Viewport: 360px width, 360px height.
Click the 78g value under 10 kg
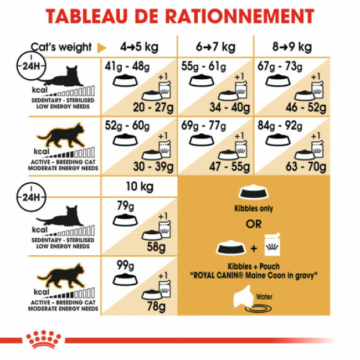(x=155, y=307)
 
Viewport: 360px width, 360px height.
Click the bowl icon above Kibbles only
(x=253, y=192)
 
